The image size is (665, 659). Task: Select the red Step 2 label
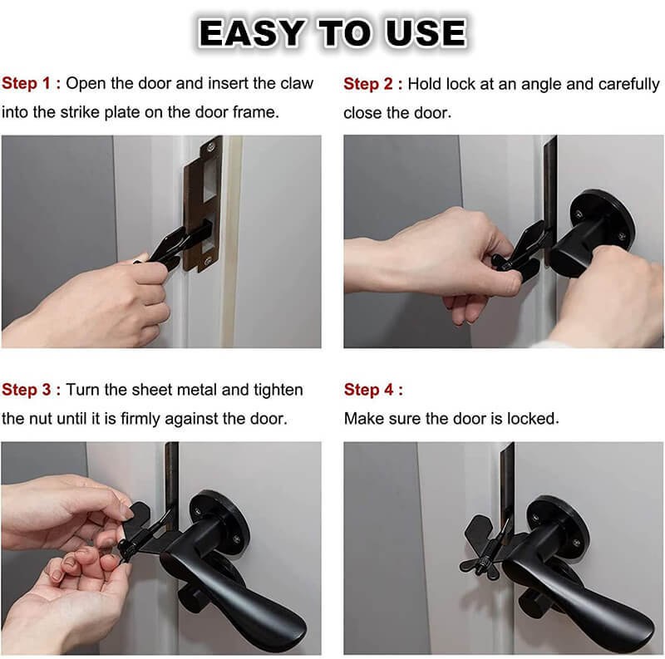point(372,83)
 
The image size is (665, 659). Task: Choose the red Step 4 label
point(372,389)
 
